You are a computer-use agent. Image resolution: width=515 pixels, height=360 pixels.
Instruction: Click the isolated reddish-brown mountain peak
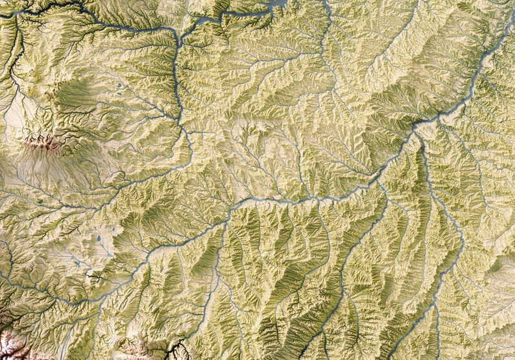43,142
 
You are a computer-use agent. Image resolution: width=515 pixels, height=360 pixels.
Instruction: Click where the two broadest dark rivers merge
416,124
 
